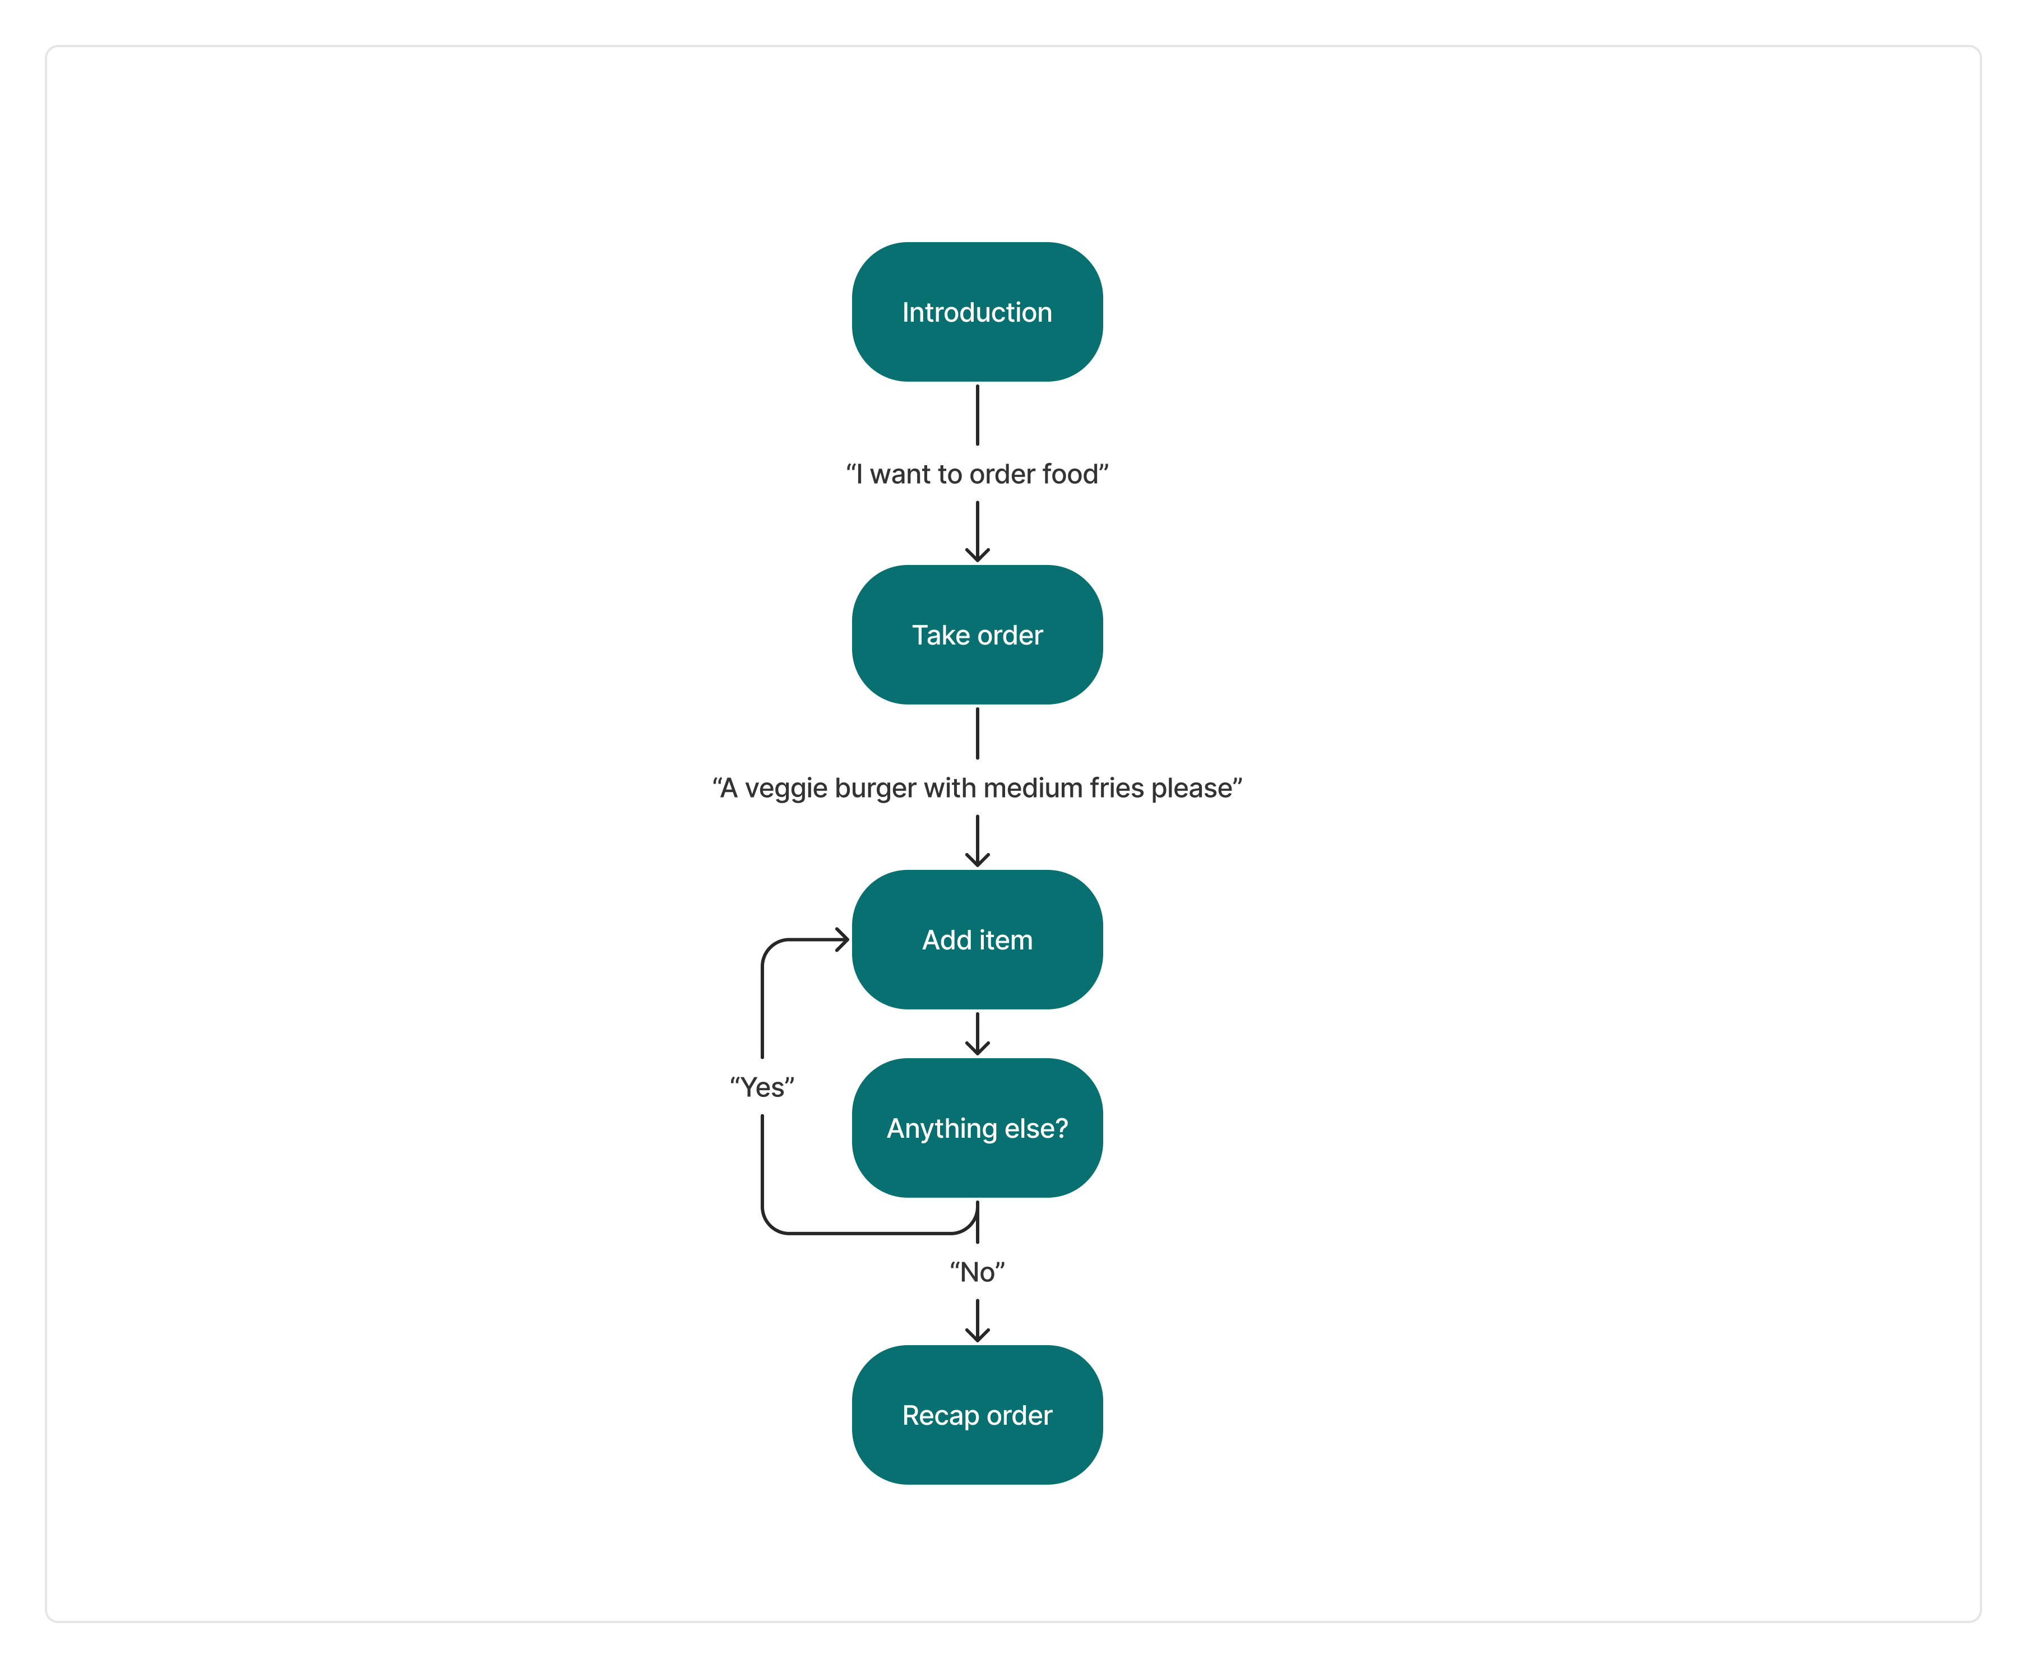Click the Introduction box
pyautogui.click(x=977, y=312)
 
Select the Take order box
pyautogui.click(x=977, y=635)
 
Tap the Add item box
pyautogui.click(x=977, y=940)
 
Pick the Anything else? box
pyautogui.click(x=977, y=1128)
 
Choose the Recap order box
pyautogui.click(x=977, y=1415)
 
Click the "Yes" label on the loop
pyautogui.click(x=762, y=1088)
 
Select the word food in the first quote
pyautogui.click(x=1070, y=475)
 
